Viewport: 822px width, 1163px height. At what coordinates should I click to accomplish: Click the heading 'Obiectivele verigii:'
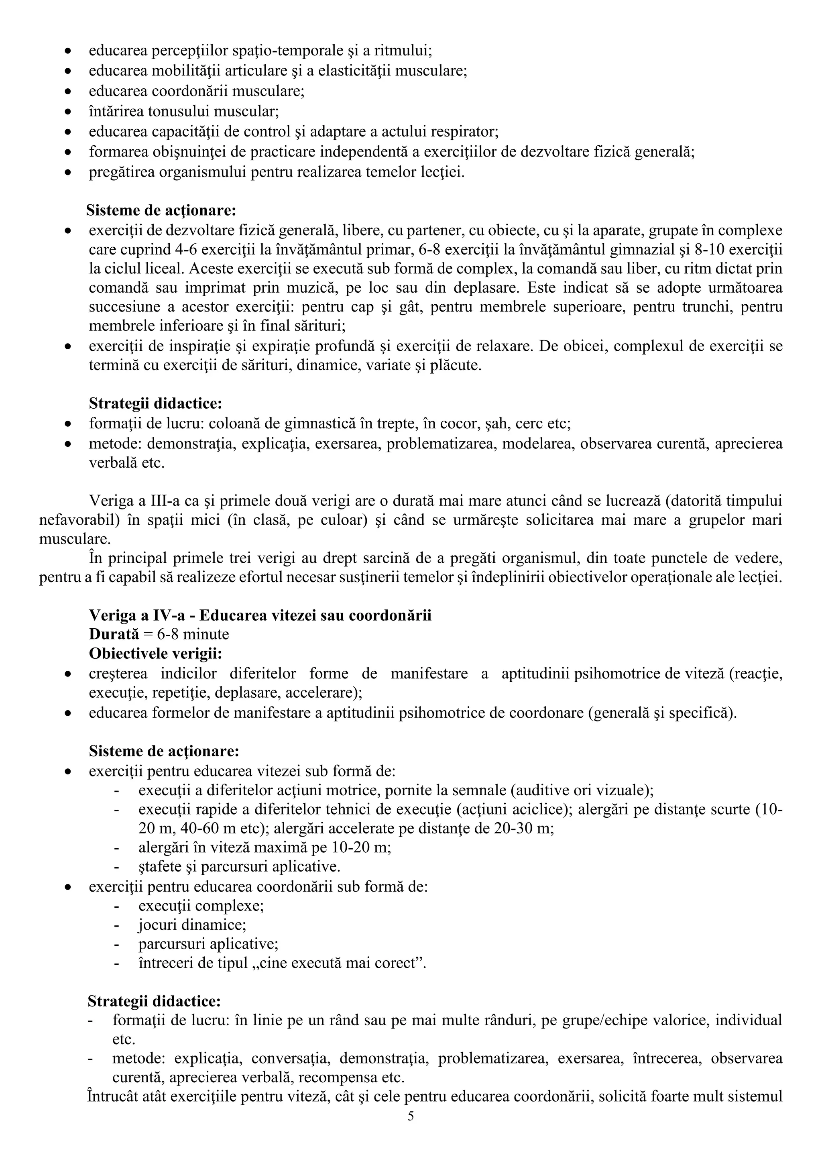[x=155, y=654]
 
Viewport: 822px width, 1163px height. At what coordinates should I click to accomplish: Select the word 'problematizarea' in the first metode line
[x=427, y=444]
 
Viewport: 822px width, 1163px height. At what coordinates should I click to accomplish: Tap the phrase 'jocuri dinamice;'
[x=193, y=925]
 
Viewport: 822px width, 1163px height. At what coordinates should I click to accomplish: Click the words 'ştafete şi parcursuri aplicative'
[x=239, y=867]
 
